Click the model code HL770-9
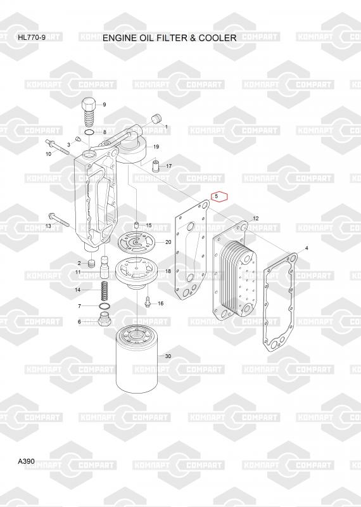pyautogui.click(x=32, y=37)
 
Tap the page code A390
pyautogui.click(x=26, y=461)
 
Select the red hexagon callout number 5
pyautogui.click(x=219, y=196)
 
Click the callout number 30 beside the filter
pyautogui.click(x=168, y=356)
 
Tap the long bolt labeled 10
pyautogui.click(x=58, y=146)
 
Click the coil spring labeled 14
pyautogui.click(x=104, y=290)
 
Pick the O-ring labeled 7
pyautogui.click(x=104, y=306)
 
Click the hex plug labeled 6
pyautogui.click(x=104, y=319)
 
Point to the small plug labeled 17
pyautogui.click(x=155, y=165)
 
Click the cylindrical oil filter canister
pyautogui.click(x=137, y=359)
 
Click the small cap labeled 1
pyautogui.click(x=156, y=119)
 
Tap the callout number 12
pyautogui.click(x=256, y=219)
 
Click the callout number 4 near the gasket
pyautogui.click(x=307, y=248)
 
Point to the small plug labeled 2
pyautogui.click(x=91, y=263)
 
